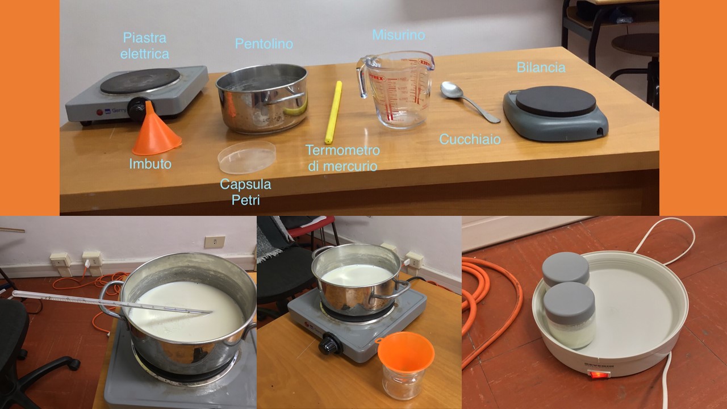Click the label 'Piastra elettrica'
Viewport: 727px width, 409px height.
pyautogui.click(x=145, y=46)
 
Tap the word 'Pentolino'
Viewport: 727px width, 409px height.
pyautogui.click(x=264, y=44)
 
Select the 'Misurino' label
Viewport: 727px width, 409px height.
pyautogui.click(x=399, y=35)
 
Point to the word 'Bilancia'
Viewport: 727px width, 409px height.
pyautogui.click(x=541, y=68)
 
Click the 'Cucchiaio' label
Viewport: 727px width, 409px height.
pyautogui.click(x=470, y=139)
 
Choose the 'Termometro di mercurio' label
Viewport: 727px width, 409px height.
pyautogui.click(x=342, y=158)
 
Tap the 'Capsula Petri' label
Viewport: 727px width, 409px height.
pyautogui.click(x=245, y=192)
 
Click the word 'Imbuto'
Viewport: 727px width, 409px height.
pyautogui.click(x=150, y=164)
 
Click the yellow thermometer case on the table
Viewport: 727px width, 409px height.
pyautogui.click(x=333, y=112)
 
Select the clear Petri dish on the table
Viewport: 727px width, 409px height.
pyautogui.click(x=246, y=157)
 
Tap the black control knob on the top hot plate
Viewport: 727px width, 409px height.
pyautogui.click(x=137, y=108)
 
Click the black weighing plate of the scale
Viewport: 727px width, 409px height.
pyautogui.click(x=555, y=101)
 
